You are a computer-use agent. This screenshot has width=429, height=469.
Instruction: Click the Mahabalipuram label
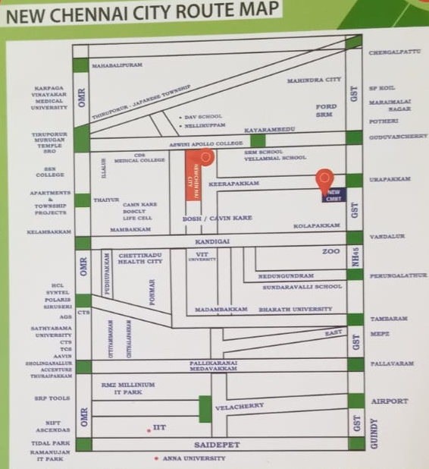[117, 66]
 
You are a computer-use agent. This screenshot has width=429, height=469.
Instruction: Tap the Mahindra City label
[314, 80]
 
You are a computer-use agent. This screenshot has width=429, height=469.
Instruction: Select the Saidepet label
[222, 444]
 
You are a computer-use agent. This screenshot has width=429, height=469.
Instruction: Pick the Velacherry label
[240, 407]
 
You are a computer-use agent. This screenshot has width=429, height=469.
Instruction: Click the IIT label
[158, 428]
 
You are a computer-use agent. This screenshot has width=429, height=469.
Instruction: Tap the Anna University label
[193, 458]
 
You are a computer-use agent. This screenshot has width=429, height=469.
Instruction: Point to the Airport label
[389, 401]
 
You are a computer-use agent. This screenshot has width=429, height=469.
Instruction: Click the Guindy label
[373, 433]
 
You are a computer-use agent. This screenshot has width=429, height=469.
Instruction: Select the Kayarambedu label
[268, 131]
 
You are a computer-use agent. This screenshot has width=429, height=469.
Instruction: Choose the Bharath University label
[295, 310]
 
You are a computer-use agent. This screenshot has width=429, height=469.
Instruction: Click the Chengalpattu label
[393, 52]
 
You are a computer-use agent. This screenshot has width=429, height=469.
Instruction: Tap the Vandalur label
[387, 237]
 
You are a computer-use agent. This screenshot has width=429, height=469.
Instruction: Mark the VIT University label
[202, 256]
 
